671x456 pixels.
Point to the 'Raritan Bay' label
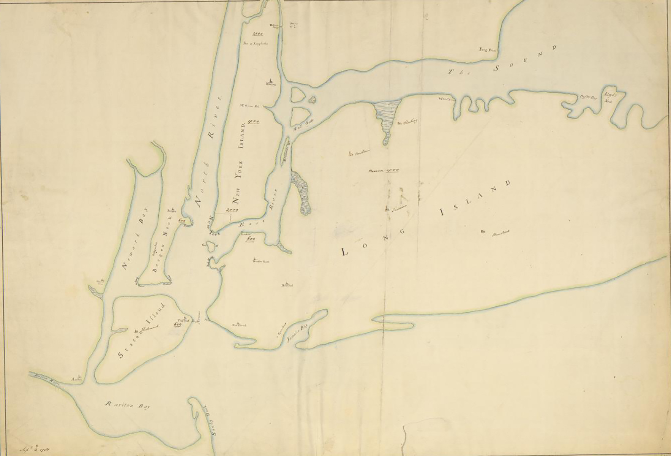[126, 405]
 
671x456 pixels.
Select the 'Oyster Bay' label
[586, 97]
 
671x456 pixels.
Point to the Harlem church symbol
[270, 81]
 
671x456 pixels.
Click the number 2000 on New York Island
[231, 209]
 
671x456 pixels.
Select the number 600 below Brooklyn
[250, 239]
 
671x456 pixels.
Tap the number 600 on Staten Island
[177, 324]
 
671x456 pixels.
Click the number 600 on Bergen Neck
[182, 220]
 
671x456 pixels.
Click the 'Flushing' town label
[409, 122]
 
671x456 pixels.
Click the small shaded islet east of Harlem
[313, 100]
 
